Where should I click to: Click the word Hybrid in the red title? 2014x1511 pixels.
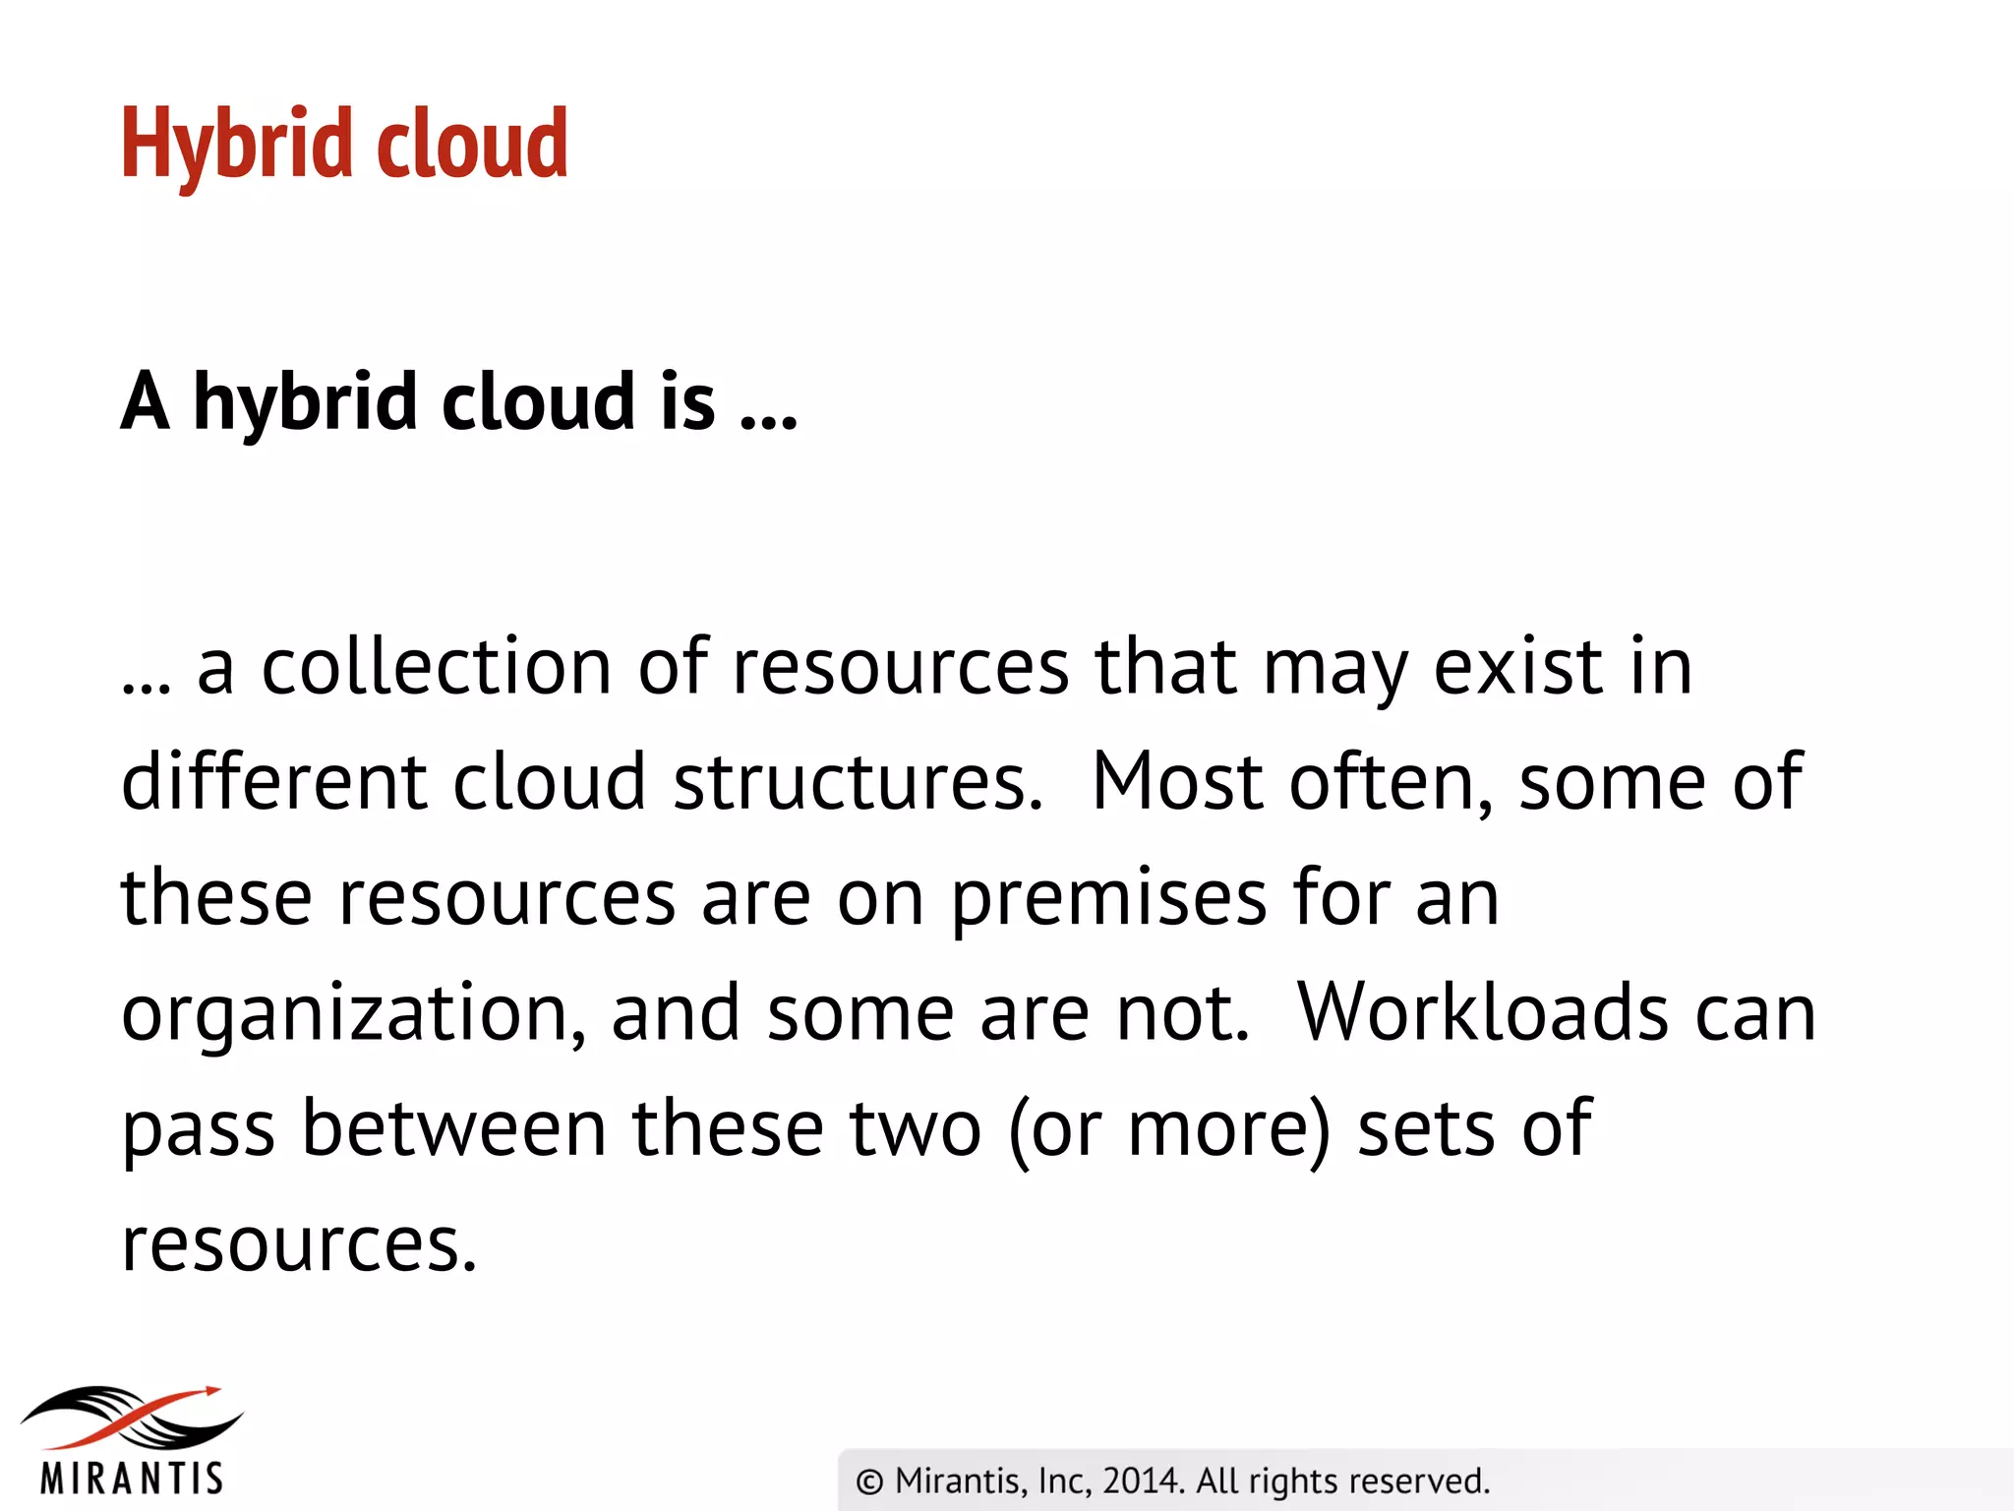click(x=235, y=145)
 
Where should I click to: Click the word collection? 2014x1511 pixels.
click(x=437, y=666)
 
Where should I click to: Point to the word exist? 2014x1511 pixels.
click(x=1519, y=666)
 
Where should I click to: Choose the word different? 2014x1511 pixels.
click(x=273, y=781)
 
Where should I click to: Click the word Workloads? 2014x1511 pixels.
click(x=1483, y=1013)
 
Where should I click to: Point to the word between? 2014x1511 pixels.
click(x=453, y=1128)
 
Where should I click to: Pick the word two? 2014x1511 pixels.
click(x=915, y=1128)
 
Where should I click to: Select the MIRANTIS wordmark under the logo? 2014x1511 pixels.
click(x=133, y=1479)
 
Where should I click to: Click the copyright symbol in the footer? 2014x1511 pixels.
click(x=869, y=1481)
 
